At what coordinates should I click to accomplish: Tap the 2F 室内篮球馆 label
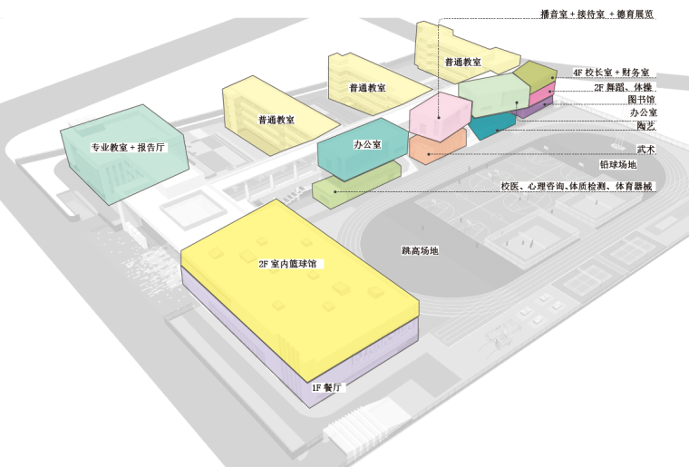point(288,264)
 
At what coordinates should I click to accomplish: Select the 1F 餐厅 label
point(325,387)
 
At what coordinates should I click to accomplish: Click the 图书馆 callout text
point(641,100)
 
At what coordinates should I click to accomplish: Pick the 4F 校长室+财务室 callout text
point(613,72)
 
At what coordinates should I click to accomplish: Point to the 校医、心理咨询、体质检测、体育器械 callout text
point(577,186)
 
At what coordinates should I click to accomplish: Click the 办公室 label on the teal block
point(366,144)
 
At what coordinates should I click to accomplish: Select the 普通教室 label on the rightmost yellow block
point(462,62)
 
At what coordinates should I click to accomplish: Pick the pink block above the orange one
point(439,116)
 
